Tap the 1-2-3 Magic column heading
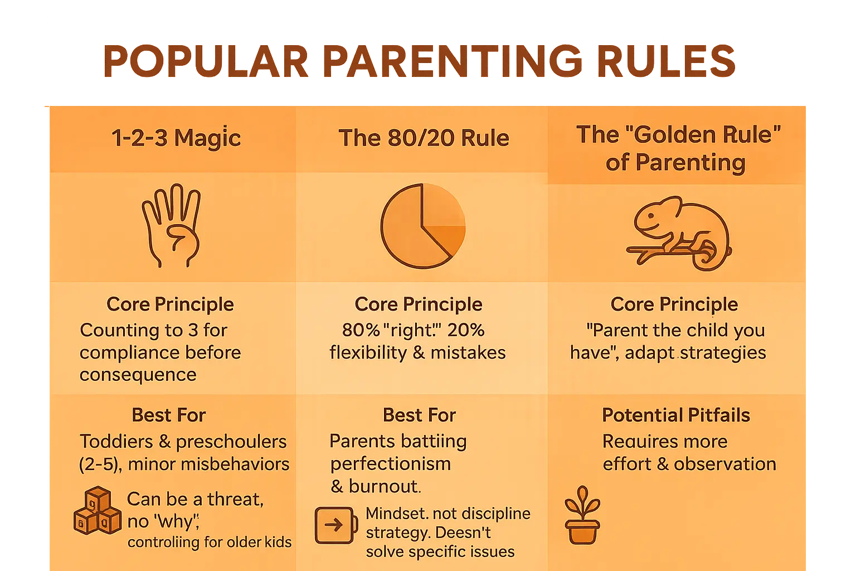[x=176, y=138]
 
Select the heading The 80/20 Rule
[x=424, y=138]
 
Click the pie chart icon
[x=422, y=226]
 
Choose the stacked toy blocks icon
[x=97, y=511]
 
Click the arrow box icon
[x=335, y=525]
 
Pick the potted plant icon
[x=582, y=515]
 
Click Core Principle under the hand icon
[x=170, y=304]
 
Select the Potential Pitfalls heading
[x=676, y=415]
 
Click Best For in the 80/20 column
[x=419, y=415]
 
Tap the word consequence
[x=138, y=375]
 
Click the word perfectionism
[x=390, y=464]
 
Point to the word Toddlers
[x=116, y=442]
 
